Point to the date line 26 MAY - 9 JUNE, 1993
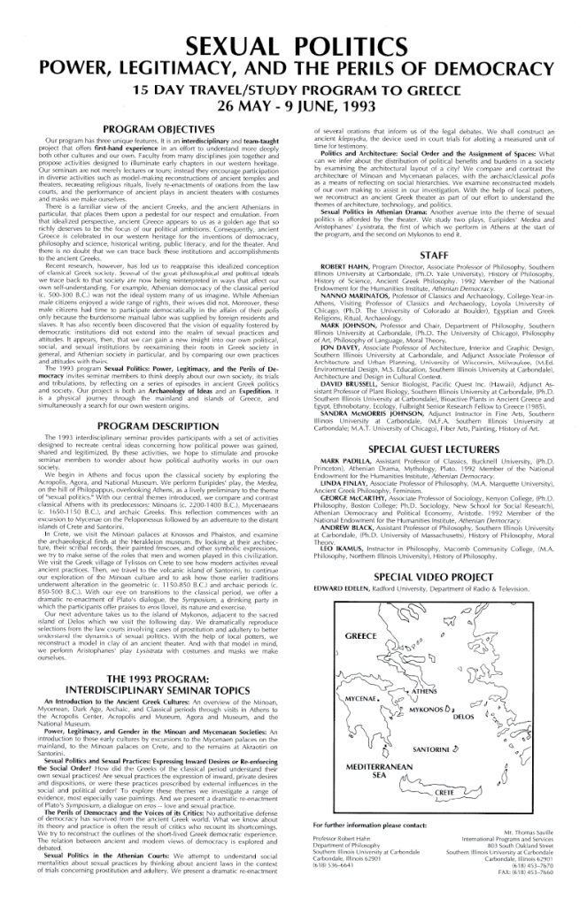293,108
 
